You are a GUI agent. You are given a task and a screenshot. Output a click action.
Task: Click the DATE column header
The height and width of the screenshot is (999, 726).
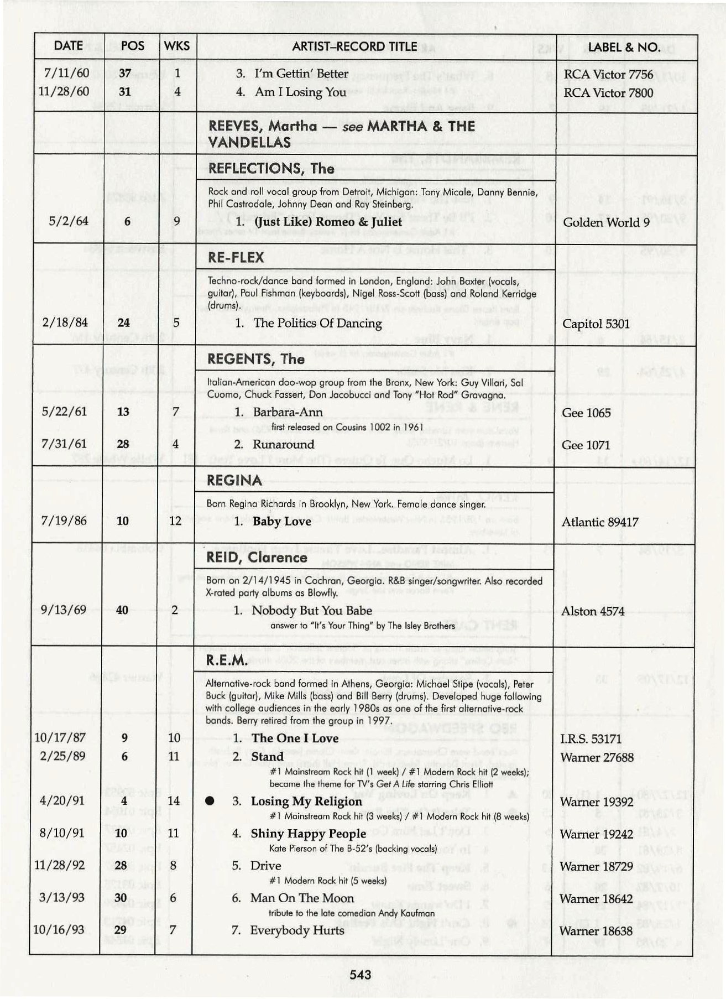[x=68, y=46]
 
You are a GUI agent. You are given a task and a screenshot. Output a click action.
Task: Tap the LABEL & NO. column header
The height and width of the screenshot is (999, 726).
[x=624, y=47]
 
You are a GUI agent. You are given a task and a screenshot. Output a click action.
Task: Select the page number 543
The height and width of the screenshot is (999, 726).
[x=360, y=975]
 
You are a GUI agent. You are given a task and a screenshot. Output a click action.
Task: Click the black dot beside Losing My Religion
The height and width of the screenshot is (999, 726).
[x=210, y=801]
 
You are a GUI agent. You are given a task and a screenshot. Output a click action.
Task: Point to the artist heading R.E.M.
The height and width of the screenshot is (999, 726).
[x=227, y=660]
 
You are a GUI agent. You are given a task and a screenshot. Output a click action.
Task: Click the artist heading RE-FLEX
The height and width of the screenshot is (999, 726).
[x=236, y=258]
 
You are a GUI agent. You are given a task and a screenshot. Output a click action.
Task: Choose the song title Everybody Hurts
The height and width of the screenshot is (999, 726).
[x=297, y=930]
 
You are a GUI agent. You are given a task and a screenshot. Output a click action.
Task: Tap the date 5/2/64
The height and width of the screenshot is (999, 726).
[x=68, y=221]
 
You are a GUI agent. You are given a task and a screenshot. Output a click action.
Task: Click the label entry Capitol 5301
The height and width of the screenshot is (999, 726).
[x=596, y=324]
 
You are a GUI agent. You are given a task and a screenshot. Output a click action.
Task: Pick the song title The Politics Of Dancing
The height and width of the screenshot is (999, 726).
[x=317, y=323]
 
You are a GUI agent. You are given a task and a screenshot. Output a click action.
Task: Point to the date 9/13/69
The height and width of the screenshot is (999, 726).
[x=64, y=610]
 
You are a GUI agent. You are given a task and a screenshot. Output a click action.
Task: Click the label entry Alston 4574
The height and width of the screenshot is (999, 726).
[x=593, y=611]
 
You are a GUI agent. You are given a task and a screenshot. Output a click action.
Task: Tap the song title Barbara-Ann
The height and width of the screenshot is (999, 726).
[x=288, y=412]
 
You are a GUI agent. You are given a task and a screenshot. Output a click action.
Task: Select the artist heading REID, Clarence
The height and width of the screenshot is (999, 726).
[x=257, y=558]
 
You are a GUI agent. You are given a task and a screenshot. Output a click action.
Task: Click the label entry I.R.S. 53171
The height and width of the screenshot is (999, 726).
[x=591, y=739]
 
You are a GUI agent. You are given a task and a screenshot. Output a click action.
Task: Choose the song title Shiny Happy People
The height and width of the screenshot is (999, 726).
[x=308, y=834]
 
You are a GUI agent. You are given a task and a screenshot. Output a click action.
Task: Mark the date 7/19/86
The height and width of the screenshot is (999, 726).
[x=64, y=521]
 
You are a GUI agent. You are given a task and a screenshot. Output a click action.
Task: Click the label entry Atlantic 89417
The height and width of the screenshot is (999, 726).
[x=600, y=522]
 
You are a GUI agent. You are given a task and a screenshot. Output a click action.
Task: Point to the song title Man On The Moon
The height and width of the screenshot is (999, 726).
[x=302, y=898]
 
